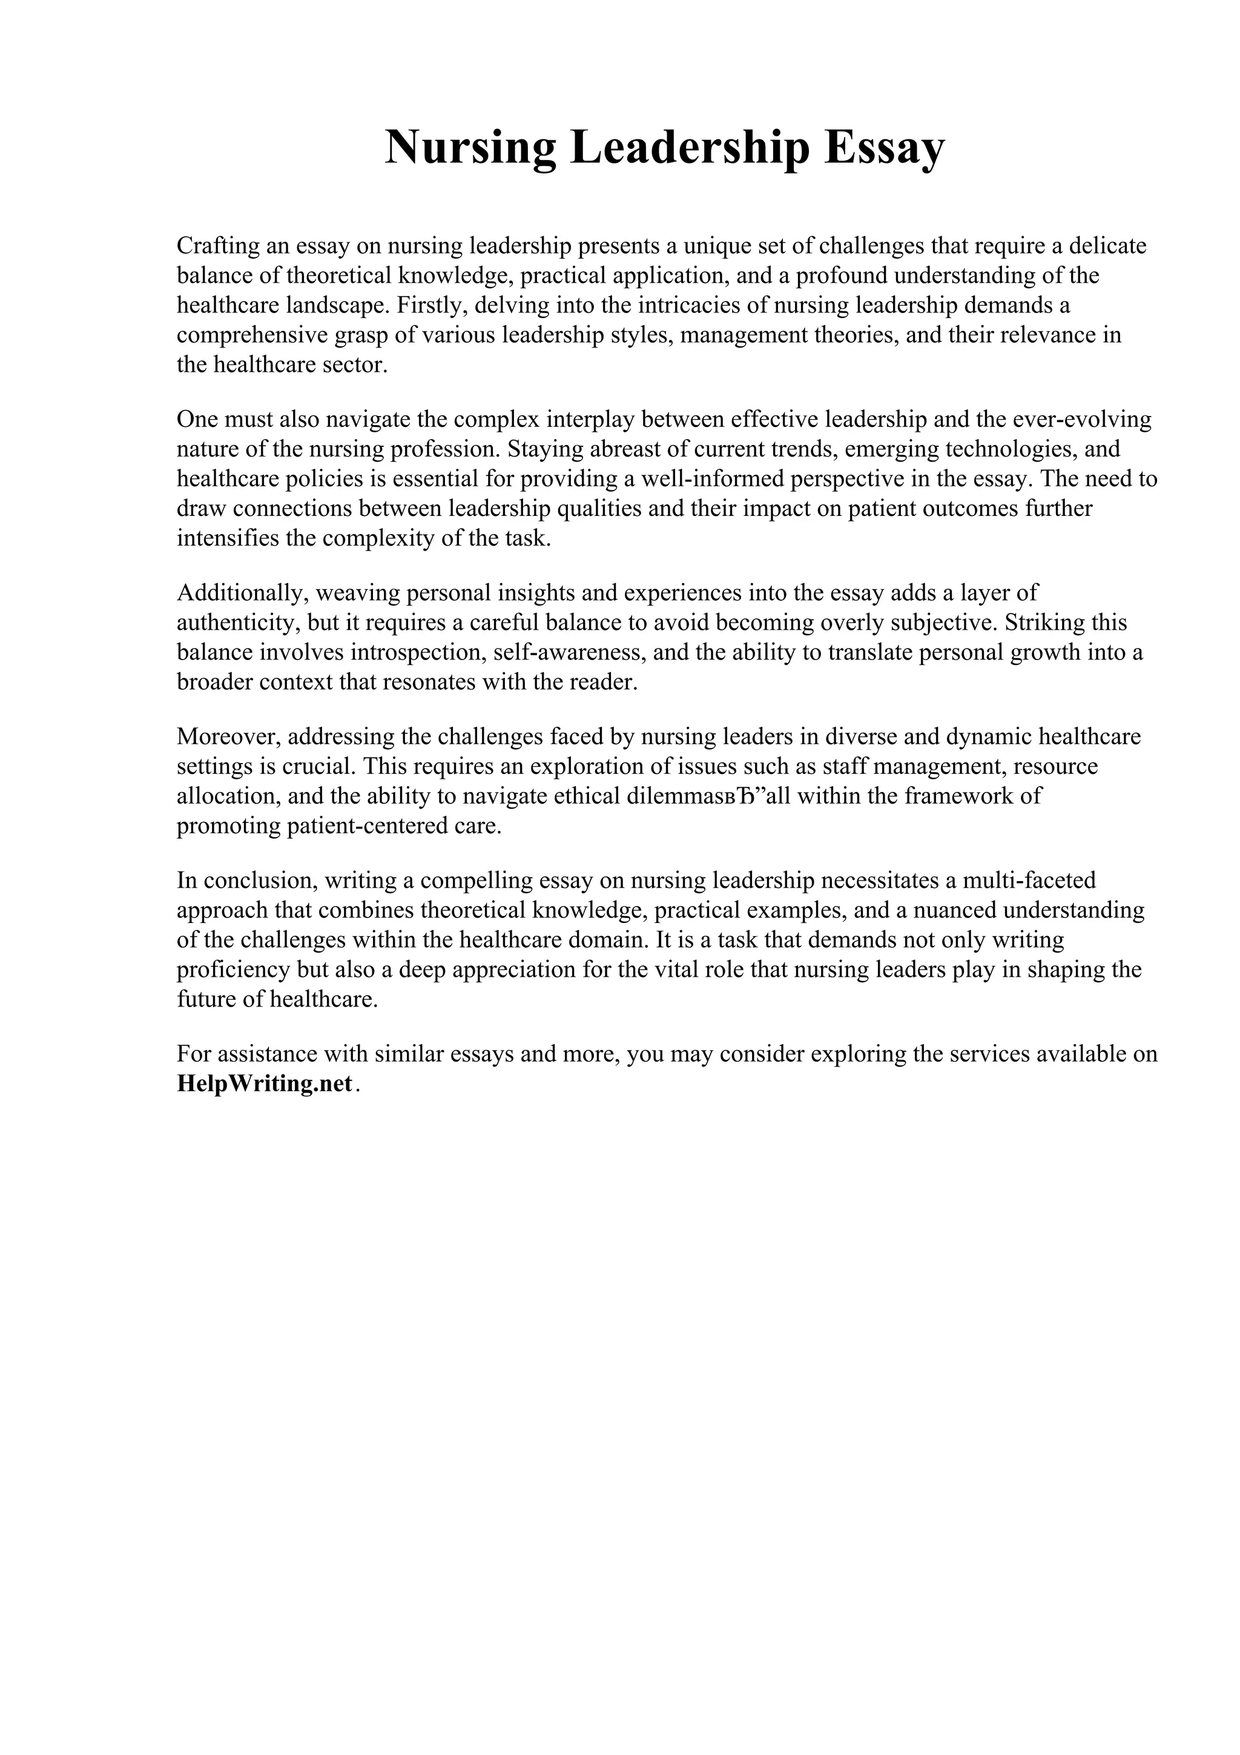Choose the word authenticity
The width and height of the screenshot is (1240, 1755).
tap(236, 622)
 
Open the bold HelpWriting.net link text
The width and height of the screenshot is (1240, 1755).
tap(265, 1083)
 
